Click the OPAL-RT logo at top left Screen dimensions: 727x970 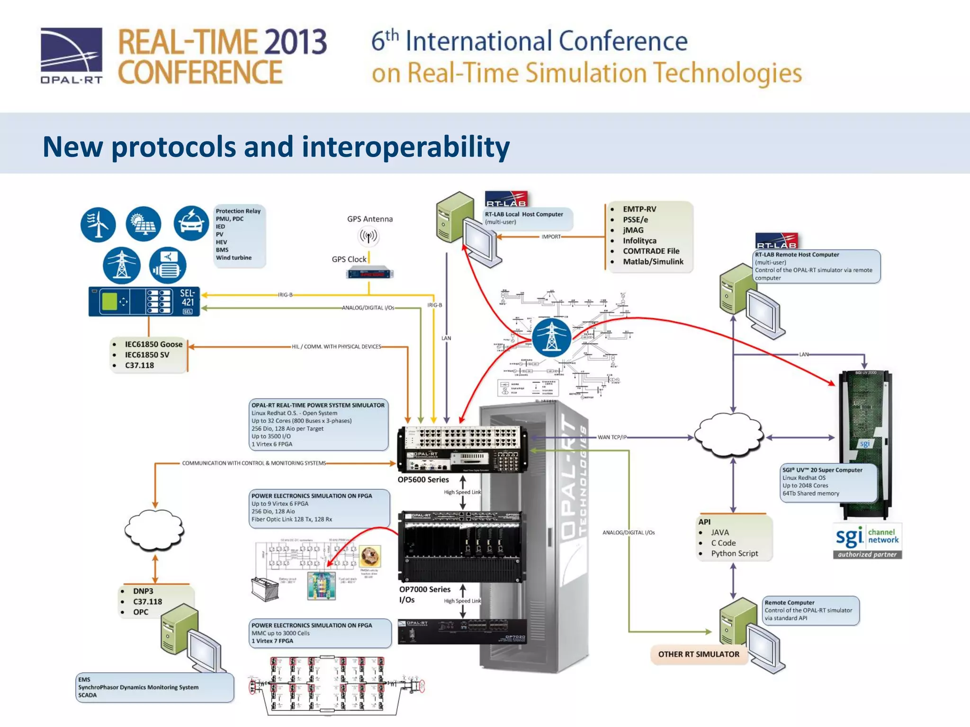point(71,55)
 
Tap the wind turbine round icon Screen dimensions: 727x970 point(98,224)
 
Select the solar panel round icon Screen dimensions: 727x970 point(143,224)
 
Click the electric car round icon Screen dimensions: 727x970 point(191,223)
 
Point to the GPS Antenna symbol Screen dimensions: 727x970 point(368,236)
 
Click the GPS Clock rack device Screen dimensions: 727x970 point(369,274)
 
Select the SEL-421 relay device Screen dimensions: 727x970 point(144,301)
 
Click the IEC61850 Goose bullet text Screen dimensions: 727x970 point(153,344)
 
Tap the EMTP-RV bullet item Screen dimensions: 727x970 point(639,209)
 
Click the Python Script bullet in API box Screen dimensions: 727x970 point(734,553)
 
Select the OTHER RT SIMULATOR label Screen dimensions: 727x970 point(698,654)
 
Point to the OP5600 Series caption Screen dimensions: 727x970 point(423,479)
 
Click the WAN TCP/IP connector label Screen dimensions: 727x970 point(611,437)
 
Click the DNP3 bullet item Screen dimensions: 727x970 point(143,591)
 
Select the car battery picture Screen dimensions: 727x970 point(264,588)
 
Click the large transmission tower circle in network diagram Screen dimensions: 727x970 point(551,337)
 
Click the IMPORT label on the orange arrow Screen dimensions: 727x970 point(551,237)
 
